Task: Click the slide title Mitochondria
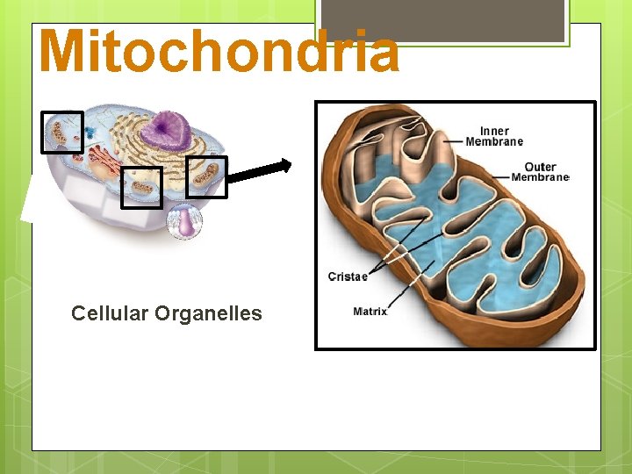coord(219,51)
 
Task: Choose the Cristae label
coord(348,276)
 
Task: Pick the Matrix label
coord(370,312)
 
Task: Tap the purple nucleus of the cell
coord(168,131)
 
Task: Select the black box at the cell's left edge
coord(62,133)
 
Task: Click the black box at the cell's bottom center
coord(141,188)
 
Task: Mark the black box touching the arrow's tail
coord(207,176)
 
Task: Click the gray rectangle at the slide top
coord(442,20)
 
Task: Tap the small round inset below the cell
coord(184,221)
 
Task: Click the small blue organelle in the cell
coord(90,132)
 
